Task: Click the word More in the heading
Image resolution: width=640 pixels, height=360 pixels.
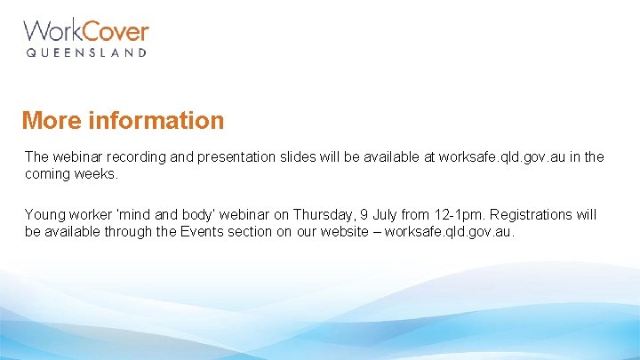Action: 50,120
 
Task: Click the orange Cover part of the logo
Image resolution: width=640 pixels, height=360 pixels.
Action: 118,32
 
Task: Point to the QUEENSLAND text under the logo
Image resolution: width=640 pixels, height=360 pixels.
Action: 85,53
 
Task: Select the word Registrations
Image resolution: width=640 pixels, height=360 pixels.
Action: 533,214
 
